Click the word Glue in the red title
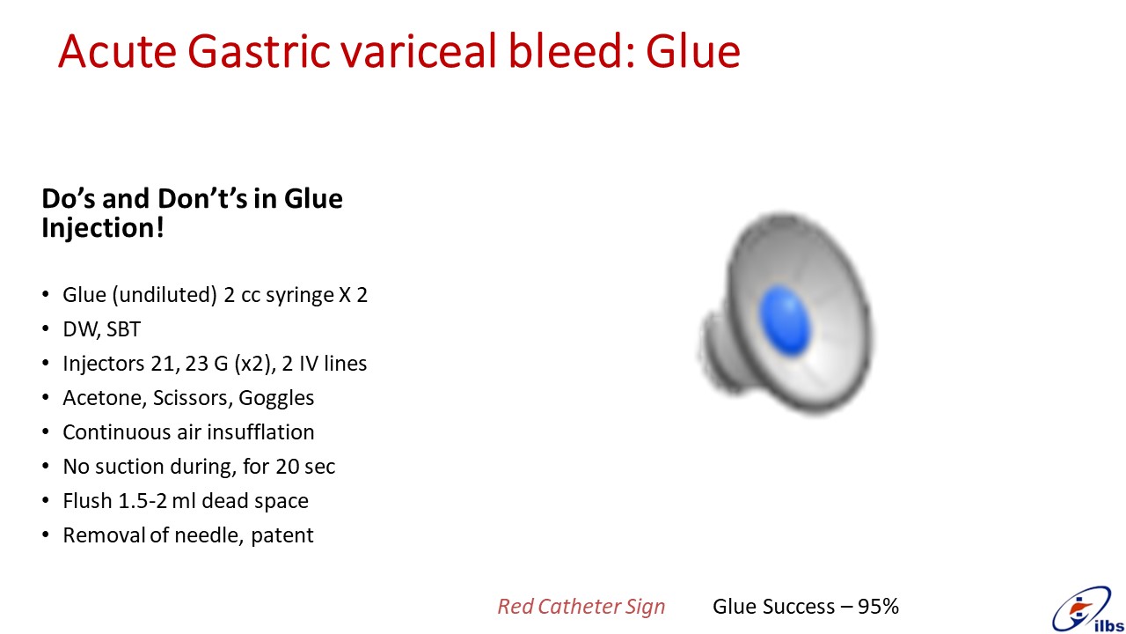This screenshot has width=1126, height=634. [692, 51]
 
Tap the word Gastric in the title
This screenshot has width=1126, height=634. [259, 51]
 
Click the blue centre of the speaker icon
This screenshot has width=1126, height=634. [785, 321]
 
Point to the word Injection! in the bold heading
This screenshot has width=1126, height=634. [103, 228]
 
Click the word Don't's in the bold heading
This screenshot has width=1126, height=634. [202, 198]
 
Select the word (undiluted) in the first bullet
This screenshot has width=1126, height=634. [165, 295]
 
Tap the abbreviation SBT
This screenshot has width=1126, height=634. [123, 329]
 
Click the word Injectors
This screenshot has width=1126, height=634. [104, 364]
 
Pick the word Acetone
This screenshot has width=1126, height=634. [105, 398]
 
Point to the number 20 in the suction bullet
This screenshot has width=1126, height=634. [288, 467]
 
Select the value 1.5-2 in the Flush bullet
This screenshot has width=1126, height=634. [143, 501]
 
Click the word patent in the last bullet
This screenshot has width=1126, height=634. [282, 535]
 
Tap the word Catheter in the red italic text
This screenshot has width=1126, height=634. [580, 607]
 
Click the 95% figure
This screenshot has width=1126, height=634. [878, 607]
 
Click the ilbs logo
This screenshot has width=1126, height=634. [1088, 609]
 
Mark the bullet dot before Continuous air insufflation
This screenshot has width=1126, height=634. [46, 431]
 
